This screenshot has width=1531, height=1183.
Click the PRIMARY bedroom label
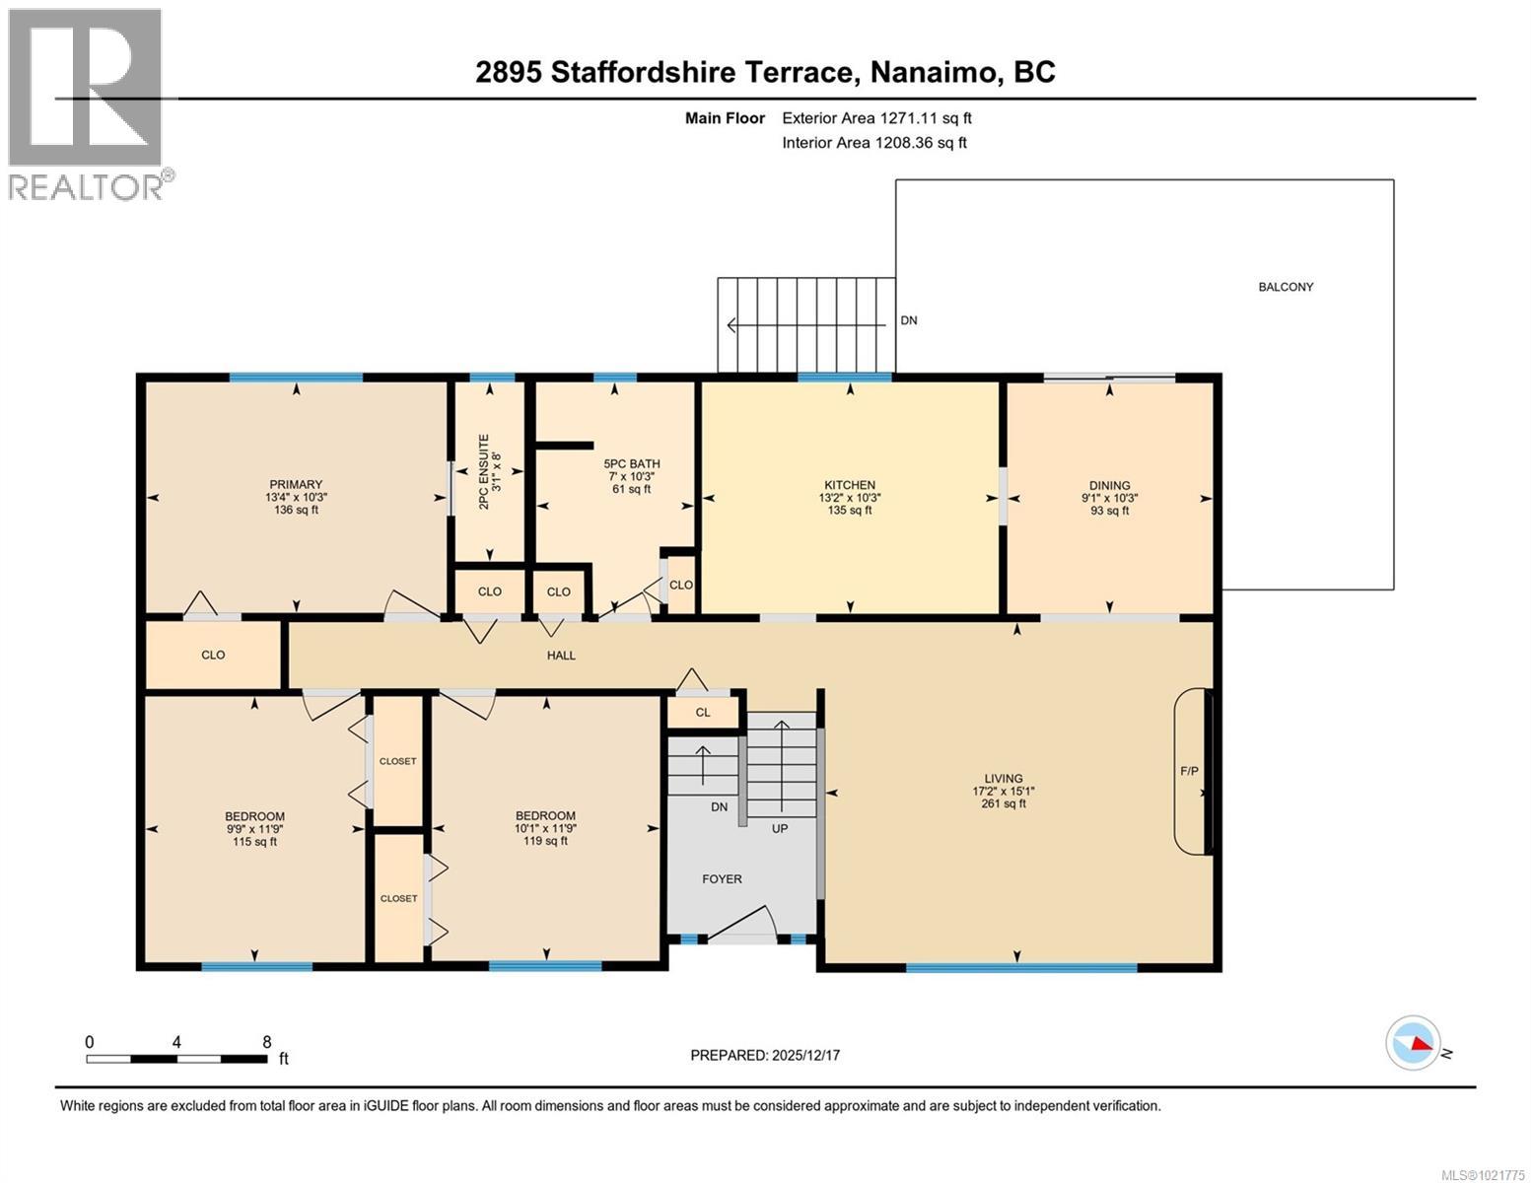pos(296,485)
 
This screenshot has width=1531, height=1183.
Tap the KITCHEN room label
pos(850,485)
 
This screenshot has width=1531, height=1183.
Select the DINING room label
pos(1109,485)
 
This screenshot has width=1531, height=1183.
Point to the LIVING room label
pos(1004,778)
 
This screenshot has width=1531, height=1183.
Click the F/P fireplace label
pos(1189,770)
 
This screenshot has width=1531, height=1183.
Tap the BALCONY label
pos(1286,287)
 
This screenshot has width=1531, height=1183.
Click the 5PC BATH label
pos(632,463)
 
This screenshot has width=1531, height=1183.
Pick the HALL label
pos(561,656)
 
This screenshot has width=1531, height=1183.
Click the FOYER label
pos(722,878)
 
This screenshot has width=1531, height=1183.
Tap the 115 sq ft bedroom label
pos(254,828)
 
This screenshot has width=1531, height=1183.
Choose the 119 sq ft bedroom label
pos(545,828)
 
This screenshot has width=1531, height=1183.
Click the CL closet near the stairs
pos(703,712)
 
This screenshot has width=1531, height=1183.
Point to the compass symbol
pos(1413,1042)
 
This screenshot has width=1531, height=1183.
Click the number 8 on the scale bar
pos(267,1041)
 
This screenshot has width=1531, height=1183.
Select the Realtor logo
pos(87,104)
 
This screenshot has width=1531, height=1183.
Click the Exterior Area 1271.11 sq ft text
pos(876,118)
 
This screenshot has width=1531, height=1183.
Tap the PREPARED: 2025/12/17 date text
pos(765,1055)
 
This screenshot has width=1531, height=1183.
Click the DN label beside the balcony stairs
pos(909,320)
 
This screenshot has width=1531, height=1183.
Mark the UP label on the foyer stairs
pos(780,828)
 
